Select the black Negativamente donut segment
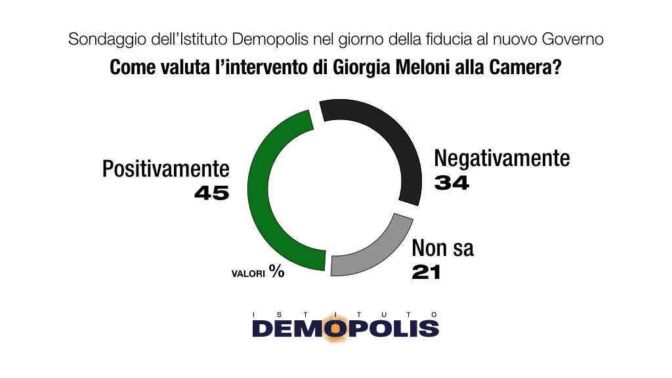(x=394, y=144)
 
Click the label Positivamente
(x=165, y=169)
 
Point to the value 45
(x=211, y=193)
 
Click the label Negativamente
(x=502, y=159)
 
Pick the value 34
(x=452, y=183)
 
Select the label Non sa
(x=442, y=249)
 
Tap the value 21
(x=427, y=272)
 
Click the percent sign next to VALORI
(x=276, y=271)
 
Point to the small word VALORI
(x=247, y=274)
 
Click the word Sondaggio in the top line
(x=99, y=40)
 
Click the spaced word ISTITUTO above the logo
(x=345, y=314)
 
